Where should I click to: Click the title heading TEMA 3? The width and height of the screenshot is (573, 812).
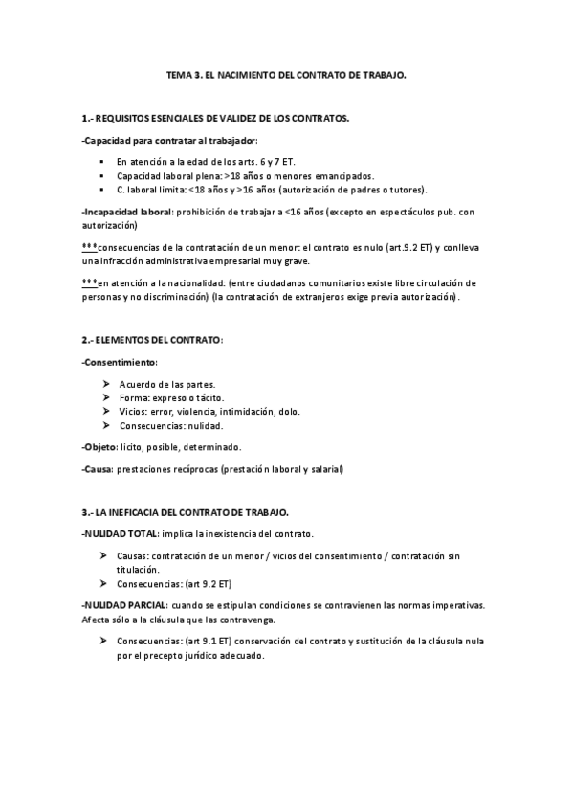point(286,74)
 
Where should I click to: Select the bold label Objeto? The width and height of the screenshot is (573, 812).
point(99,447)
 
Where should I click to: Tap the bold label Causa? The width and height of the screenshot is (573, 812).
point(98,469)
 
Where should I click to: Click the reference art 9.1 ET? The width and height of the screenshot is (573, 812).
point(204,641)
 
